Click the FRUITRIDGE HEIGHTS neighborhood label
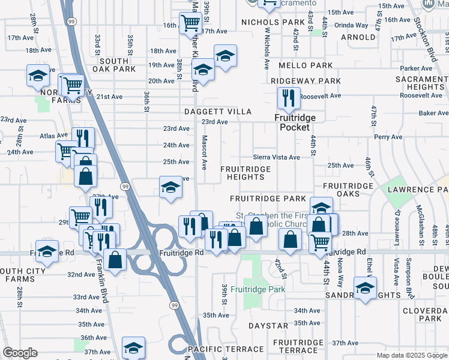click(246, 173)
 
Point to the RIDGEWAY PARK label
click(306, 80)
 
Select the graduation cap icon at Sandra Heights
click(364, 289)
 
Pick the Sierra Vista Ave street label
click(276, 157)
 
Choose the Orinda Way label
click(351, 25)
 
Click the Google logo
click(20, 353)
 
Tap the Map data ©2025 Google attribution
click(412, 355)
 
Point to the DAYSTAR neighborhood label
click(268, 326)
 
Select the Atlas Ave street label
click(50, 136)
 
